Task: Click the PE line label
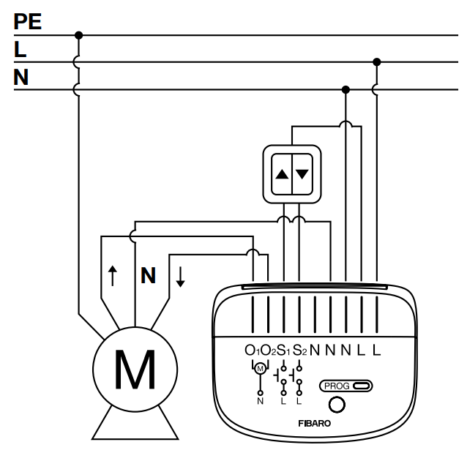point(27,21)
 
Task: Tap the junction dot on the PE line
point(78,35)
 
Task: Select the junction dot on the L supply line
point(377,62)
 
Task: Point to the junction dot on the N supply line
point(345,89)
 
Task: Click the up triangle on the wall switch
point(282,174)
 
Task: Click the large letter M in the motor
point(135,370)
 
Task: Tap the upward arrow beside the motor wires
point(112,276)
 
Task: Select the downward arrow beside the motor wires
point(180,277)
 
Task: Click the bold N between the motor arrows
point(148,275)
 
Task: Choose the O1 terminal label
point(252,351)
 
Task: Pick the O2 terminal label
point(268,351)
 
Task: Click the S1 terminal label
point(283,351)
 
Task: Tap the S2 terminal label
point(299,351)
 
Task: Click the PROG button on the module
point(345,386)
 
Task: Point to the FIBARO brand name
point(315,424)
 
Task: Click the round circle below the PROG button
point(337,405)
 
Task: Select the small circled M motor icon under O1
point(261,369)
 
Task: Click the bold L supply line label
point(20,49)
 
